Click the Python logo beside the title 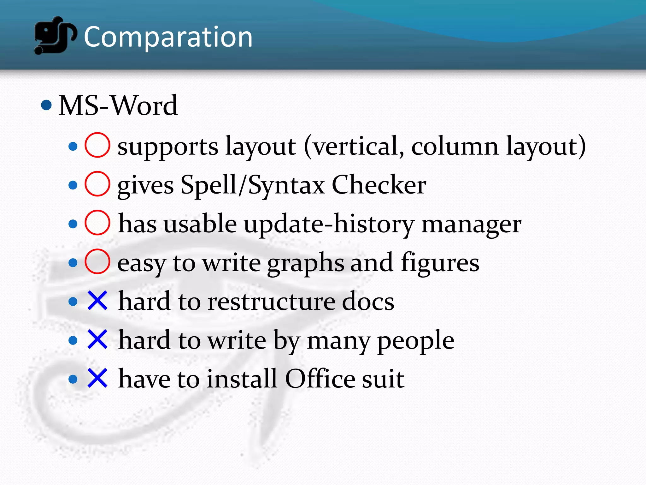[x=55, y=35]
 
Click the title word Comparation [x=168, y=37]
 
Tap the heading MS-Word [x=118, y=105]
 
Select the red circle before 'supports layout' [x=97, y=145]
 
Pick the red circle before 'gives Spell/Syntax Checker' [x=97, y=184]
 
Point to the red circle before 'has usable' [x=97, y=223]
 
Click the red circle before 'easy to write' [x=97, y=261]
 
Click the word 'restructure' [x=272, y=302]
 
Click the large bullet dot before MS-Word [x=46, y=105]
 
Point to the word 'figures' [x=440, y=263]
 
